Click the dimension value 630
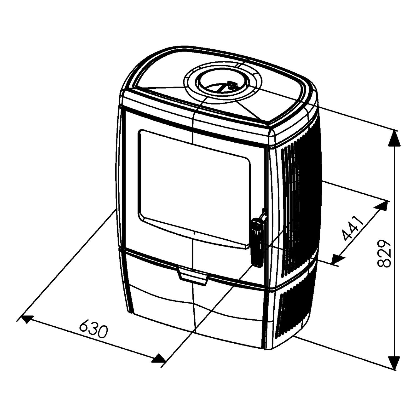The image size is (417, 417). [x=93, y=329]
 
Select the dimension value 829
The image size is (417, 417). [x=384, y=253]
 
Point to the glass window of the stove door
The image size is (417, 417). [x=194, y=189]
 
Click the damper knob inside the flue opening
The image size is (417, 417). [x=230, y=86]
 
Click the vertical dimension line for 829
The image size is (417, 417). [x=394, y=250]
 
